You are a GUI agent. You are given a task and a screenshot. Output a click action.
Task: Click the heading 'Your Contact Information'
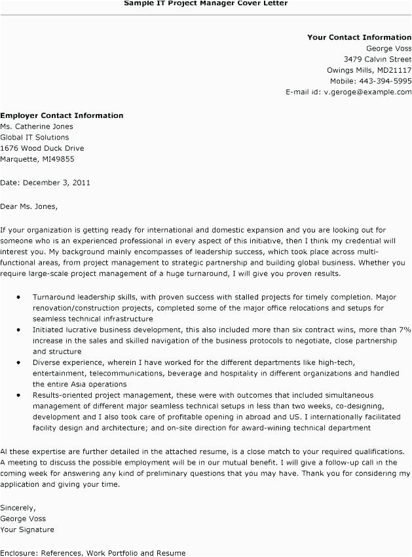(x=359, y=37)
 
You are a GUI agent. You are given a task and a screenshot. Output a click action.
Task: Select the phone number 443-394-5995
(x=384, y=81)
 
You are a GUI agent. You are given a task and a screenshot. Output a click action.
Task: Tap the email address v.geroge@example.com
(x=367, y=92)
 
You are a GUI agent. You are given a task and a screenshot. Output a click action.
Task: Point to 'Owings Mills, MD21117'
(x=369, y=70)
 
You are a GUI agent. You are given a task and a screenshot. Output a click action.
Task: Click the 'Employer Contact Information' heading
(x=62, y=115)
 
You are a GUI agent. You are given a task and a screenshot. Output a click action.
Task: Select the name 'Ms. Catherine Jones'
(x=37, y=126)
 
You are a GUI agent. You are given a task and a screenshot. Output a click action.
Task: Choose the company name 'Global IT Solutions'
(x=34, y=138)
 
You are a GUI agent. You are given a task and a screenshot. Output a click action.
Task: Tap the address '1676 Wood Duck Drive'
(x=42, y=148)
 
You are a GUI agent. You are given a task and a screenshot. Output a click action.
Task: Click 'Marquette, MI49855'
(x=37, y=159)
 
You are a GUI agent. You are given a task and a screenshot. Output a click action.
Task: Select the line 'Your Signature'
(x=28, y=529)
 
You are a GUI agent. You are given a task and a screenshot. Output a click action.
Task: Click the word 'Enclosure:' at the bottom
(x=18, y=552)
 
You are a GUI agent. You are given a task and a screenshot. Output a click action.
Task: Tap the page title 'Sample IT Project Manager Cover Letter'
(x=206, y=3)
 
